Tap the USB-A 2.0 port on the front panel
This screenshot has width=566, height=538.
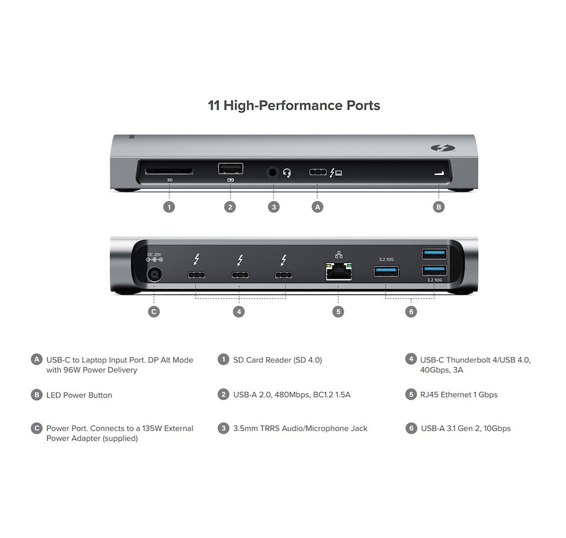pyautogui.click(x=230, y=169)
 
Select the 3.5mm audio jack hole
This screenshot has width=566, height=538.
pyautogui.click(x=273, y=173)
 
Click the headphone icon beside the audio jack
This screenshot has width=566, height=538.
pyautogui.click(x=287, y=173)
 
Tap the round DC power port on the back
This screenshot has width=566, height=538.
pyautogui.click(x=154, y=275)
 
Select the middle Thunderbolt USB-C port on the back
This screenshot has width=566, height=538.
pyautogui.click(x=240, y=275)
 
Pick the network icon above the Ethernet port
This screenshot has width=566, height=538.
pyautogui.click(x=338, y=253)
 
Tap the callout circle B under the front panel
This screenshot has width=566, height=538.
pyautogui.click(x=439, y=207)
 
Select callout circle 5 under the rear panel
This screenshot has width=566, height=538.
pyautogui.click(x=338, y=311)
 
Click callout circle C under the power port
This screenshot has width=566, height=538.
pyautogui.click(x=154, y=311)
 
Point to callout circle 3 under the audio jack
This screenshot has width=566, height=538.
pyautogui.click(x=273, y=207)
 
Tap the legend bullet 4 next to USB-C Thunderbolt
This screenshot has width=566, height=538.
pyautogui.click(x=410, y=359)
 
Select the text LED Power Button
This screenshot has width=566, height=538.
pyautogui.click(x=79, y=395)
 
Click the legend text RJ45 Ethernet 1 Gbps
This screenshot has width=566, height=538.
pyautogui.click(x=459, y=394)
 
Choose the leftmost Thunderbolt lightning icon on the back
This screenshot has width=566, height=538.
pyautogui.click(x=196, y=260)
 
